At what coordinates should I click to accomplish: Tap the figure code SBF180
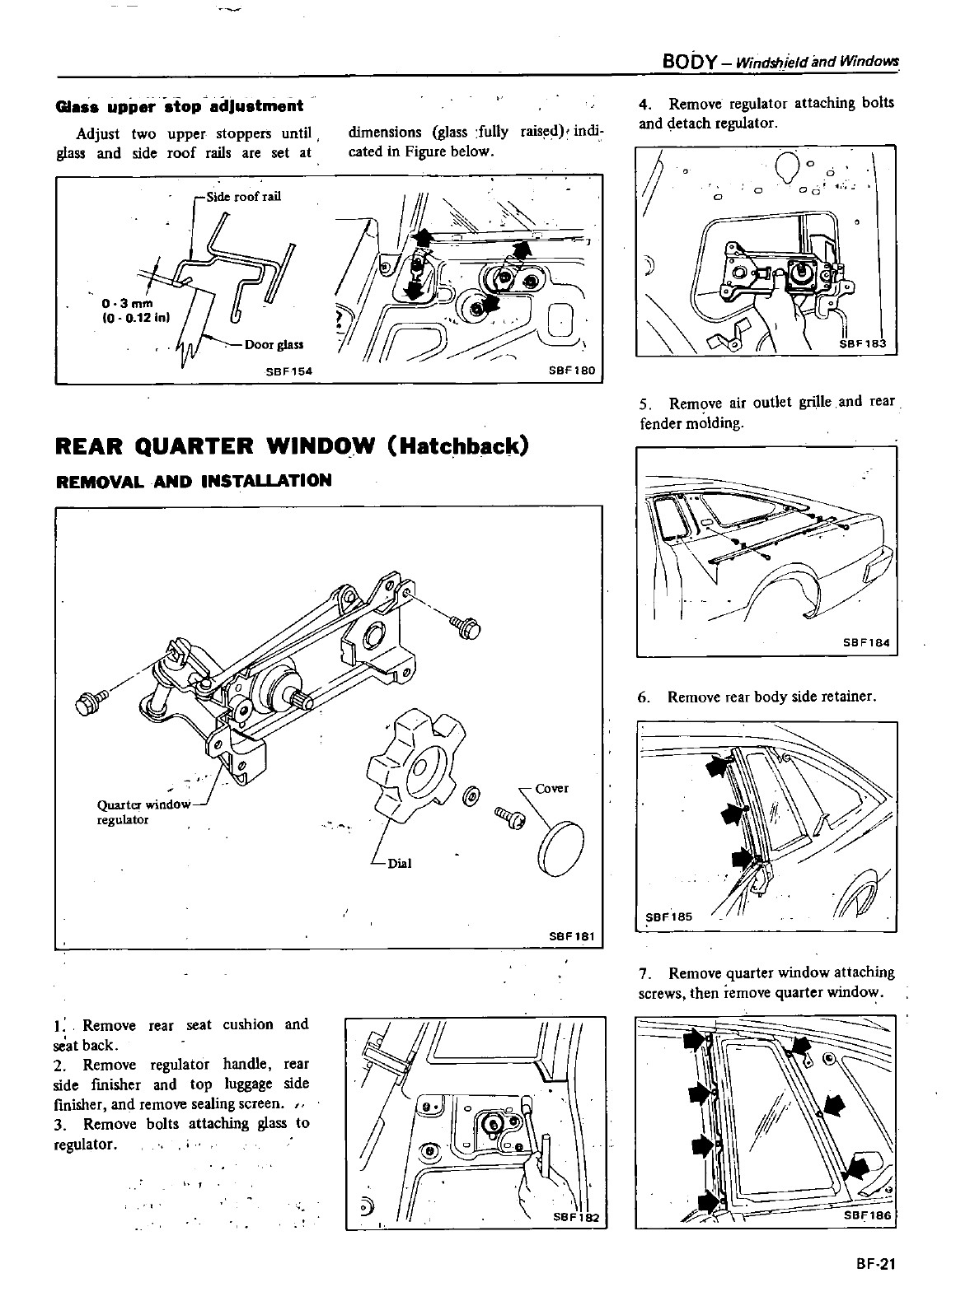(x=571, y=371)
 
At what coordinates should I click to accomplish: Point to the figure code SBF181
(x=571, y=936)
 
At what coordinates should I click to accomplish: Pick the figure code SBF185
(x=668, y=916)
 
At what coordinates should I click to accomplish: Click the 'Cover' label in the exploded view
(x=551, y=788)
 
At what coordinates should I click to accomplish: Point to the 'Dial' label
(x=399, y=863)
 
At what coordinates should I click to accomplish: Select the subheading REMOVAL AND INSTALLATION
(x=194, y=481)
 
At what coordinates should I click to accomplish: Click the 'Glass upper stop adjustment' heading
(x=178, y=106)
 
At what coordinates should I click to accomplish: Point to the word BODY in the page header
(x=693, y=63)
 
